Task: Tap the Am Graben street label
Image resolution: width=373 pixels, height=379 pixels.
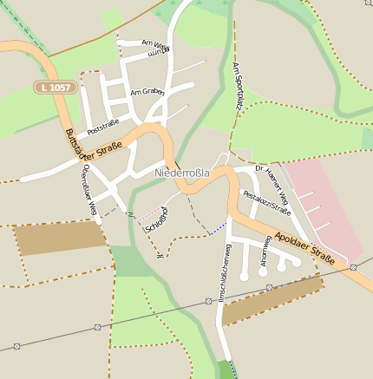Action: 147,91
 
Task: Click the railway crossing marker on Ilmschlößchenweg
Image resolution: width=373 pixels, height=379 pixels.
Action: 209,301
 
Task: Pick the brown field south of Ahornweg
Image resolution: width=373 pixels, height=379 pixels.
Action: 272,300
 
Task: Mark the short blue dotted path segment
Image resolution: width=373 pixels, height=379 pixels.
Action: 218,228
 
